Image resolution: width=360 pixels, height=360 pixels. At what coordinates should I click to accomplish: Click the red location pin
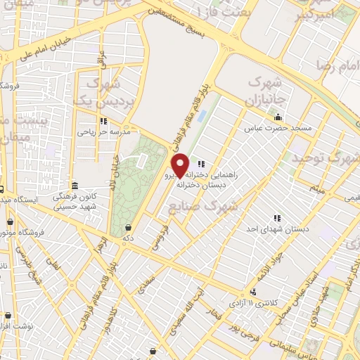click(x=181, y=165)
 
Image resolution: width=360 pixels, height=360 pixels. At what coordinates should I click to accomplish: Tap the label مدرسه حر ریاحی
click(x=102, y=131)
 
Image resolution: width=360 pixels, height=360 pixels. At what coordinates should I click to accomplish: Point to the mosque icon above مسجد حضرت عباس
click(x=280, y=117)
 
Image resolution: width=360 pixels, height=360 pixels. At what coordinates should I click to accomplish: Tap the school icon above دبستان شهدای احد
click(x=276, y=217)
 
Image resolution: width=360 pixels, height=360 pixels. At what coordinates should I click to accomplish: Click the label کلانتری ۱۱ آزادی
click(x=252, y=303)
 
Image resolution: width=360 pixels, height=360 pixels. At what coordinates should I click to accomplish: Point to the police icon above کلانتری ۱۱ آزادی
click(x=252, y=292)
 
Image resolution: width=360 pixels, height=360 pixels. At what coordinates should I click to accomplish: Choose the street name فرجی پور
click(x=241, y=330)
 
